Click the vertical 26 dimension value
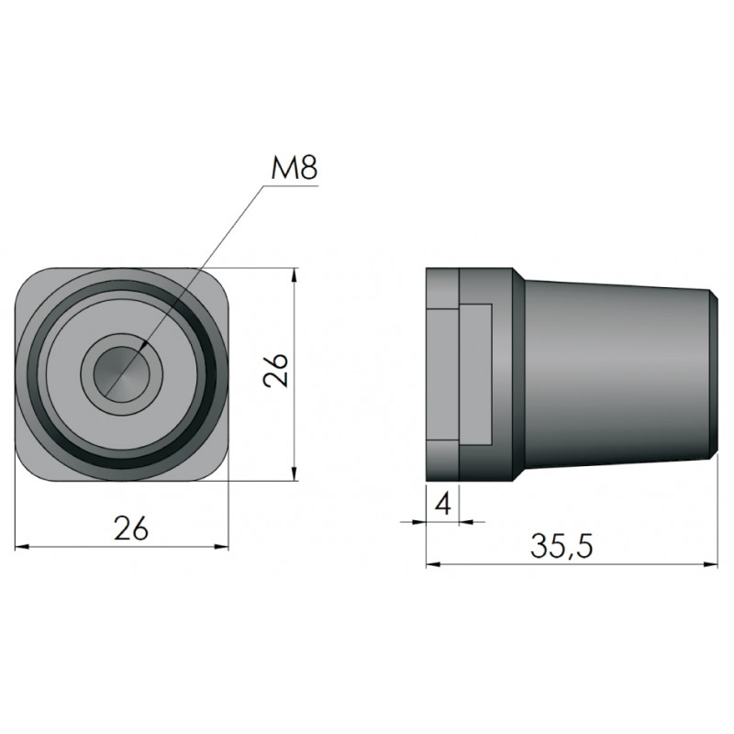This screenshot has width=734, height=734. (275, 370)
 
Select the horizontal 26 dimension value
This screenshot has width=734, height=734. (131, 528)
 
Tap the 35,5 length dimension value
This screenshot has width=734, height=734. (562, 546)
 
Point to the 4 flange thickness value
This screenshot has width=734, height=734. (442, 504)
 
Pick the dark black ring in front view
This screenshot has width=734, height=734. (121, 373)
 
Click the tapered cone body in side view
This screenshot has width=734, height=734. (617, 373)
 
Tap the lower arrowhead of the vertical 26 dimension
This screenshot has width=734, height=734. (294, 473)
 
